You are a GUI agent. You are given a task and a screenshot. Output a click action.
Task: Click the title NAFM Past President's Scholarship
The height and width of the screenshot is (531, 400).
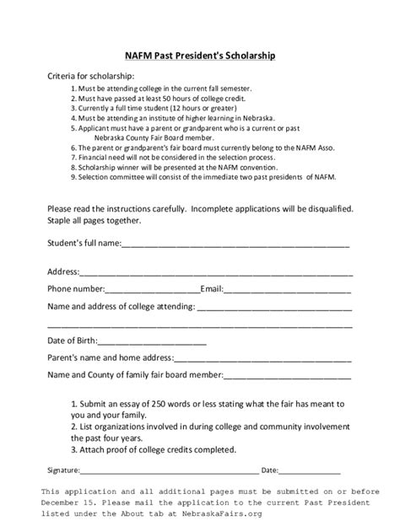(200, 55)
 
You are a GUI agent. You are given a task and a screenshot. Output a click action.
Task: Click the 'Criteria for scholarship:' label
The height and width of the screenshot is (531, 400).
(96, 77)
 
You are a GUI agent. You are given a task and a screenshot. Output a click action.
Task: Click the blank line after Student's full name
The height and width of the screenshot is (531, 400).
(236, 247)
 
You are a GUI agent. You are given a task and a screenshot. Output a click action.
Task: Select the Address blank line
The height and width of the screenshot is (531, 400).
(216, 273)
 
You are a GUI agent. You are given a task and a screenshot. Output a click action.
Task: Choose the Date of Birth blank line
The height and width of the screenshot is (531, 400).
(153, 342)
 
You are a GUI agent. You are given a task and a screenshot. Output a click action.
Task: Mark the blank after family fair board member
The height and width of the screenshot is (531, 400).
(289, 374)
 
